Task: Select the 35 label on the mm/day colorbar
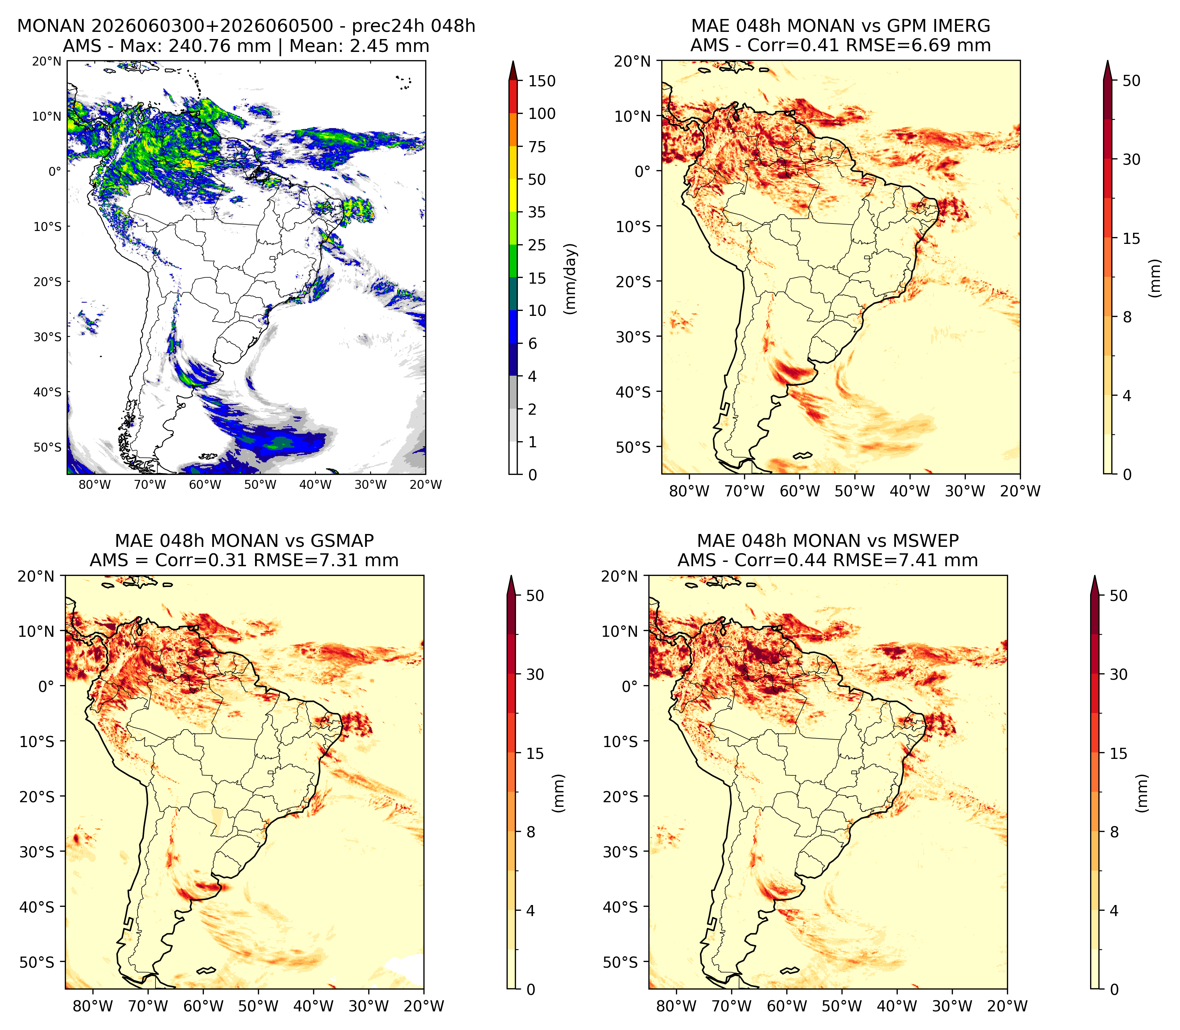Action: pos(537,212)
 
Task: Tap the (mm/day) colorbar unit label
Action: pos(570,279)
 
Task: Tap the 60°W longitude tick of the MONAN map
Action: pos(205,485)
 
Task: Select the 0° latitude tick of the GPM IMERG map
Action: pos(643,171)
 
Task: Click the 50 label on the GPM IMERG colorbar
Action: pos(1131,81)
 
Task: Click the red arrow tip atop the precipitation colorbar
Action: pos(513,62)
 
